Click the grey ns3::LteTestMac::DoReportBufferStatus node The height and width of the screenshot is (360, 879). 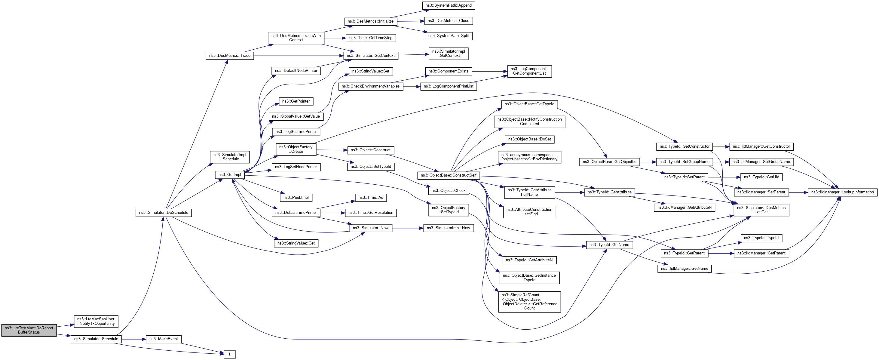point(29,330)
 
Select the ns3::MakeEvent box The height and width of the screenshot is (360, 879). point(164,339)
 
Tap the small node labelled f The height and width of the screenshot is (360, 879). point(230,354)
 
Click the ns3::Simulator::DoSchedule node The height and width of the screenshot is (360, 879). point(164,213)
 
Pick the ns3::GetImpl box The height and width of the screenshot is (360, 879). point(230,175)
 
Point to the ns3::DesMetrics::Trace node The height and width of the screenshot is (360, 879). point(230,56)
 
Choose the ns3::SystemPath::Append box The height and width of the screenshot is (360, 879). point(449,5)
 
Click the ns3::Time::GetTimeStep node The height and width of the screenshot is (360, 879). point(371,38)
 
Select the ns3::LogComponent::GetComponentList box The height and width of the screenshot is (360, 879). point(529,71)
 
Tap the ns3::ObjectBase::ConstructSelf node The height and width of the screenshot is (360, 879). point(449,175)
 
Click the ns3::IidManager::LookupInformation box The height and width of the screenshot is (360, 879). point(842,192)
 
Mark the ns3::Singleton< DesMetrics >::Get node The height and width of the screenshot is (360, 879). point(761,210)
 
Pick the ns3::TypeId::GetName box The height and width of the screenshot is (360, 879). point(609,245)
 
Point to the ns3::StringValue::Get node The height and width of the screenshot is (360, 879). point(296,243)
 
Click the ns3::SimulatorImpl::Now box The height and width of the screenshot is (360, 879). point(449,228)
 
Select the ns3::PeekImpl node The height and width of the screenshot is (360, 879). point(296,198)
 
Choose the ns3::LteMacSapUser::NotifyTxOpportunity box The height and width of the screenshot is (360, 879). point(96,322)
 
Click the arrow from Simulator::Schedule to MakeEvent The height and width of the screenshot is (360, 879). point(133,339)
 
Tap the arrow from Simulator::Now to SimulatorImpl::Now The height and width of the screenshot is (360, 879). point(408,228)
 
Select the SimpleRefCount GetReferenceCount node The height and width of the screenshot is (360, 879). point(529,302)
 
